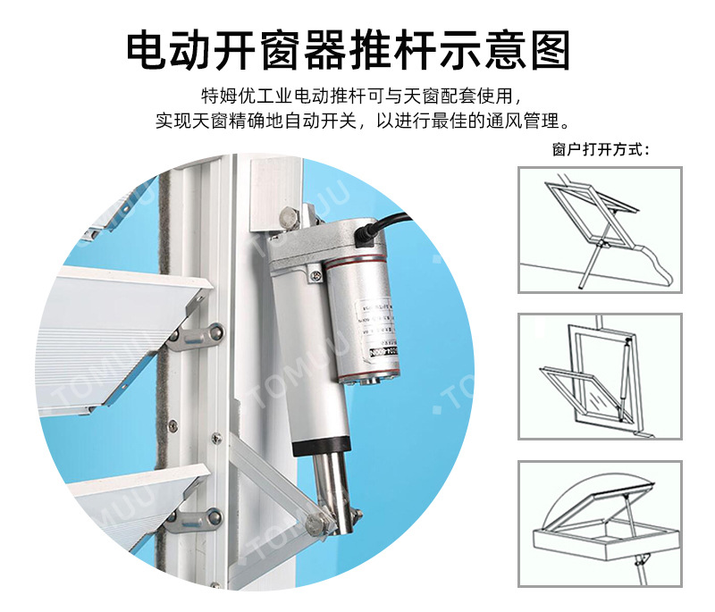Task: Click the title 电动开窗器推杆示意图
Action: pyautogui.click(x=349, y=50)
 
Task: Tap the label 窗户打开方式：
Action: pyautogui.click(x=600, y=149)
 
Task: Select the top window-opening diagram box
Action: pyautogui.click(x=600, y=230)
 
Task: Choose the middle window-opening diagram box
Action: pyautogui.click(x=600, y=376)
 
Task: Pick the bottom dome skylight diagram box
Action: pyautogui.click(x=600, y=523)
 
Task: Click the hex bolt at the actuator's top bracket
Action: pyautogui.click(x=288, y=217)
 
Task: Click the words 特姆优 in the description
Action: pyautogui.click(x=222, y=96)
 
